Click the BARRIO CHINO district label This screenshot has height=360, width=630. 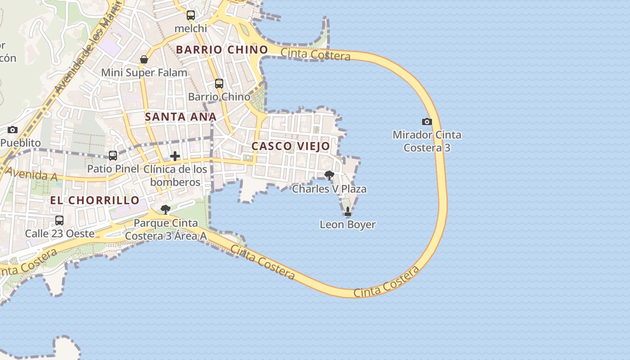tap(222, 49)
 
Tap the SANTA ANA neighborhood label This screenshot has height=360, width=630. tap(180, 117)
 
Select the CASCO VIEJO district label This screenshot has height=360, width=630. tap(291, 146)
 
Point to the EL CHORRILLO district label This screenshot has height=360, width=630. tap(94, 200)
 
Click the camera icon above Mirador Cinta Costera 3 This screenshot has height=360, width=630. tap(427, 121)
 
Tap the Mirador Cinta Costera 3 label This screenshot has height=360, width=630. tap(427, 141)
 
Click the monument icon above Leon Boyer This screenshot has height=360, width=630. tap(347, 211)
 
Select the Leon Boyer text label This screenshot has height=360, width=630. tap(347, 225)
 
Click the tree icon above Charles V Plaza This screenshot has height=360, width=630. tap(329, 175)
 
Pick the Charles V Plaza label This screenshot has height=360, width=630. tap(329, 189)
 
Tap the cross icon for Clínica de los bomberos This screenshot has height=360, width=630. tap(175, 156)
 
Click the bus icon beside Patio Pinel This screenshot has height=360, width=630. tap(113, 156)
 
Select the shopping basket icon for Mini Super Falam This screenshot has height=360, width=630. tap(144, 59)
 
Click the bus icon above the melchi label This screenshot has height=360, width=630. tap(191, 15)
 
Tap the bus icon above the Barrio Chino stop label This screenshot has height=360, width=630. tap(219, 84)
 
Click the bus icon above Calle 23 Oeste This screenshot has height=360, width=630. tap(59, 220)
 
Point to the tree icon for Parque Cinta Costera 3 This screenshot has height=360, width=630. tap(166, 210)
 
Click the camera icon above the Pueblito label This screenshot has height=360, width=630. tap(13, 130)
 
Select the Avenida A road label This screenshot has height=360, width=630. tap(31, 175)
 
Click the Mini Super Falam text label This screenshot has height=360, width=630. tap(144, 72)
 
